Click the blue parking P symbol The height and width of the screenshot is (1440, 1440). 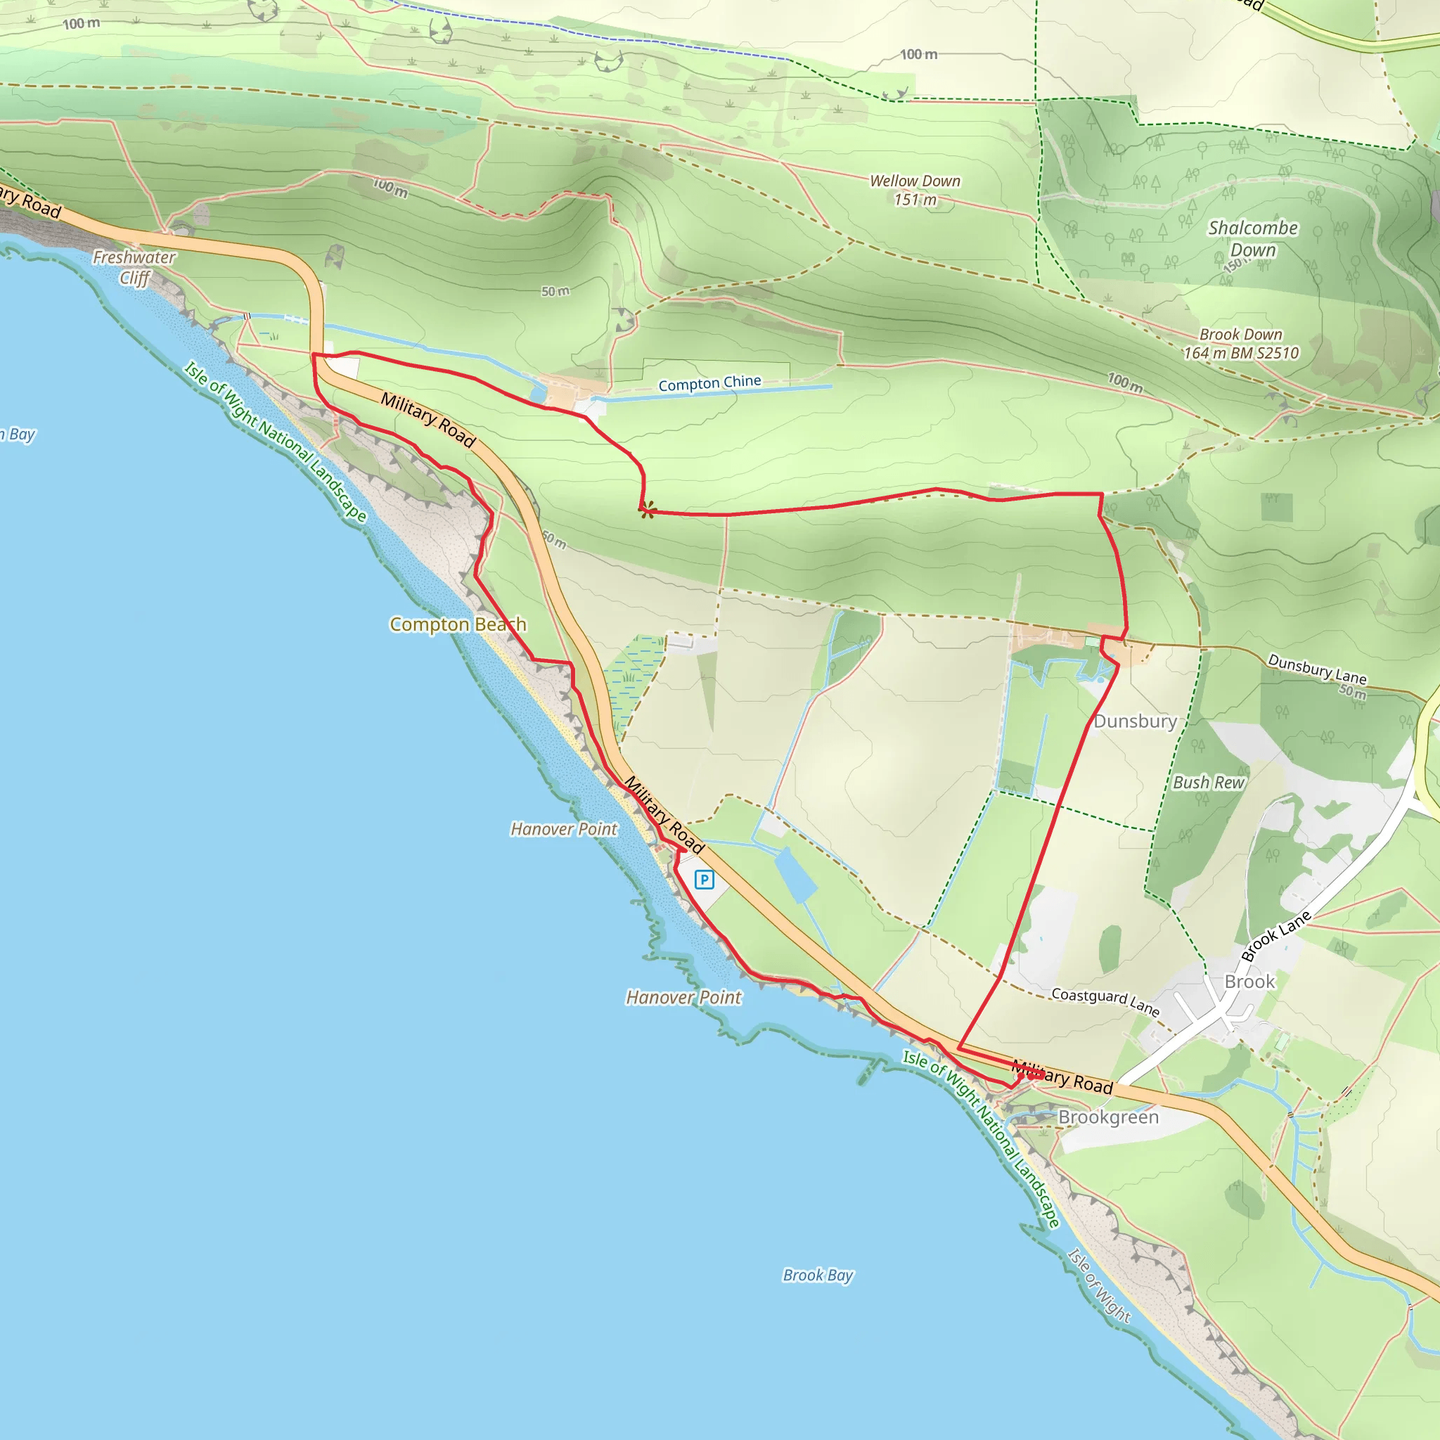(704, 880)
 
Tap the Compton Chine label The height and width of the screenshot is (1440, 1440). (709, 383)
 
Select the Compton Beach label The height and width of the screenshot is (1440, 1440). (458, 624)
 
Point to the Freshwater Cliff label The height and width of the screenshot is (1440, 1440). (134, 266)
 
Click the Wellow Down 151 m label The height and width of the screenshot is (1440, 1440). (915, 190)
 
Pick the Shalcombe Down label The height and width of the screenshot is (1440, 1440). (1253, 238)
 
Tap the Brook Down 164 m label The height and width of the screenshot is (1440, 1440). (1241, 344)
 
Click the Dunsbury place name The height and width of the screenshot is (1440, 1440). (1135, 721)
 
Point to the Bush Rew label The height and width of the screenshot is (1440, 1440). (1209, 783)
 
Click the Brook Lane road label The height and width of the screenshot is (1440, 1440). (1275, 936)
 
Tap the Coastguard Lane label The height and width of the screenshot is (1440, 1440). (1105, 1002)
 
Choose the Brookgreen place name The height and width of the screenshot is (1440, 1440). (1108, 1117)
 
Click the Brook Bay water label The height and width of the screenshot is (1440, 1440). (818, 1275)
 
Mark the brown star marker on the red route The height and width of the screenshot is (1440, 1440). (648, 510)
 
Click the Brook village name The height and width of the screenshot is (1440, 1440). (1250, 982)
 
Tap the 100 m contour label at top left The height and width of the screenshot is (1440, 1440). (82, 24)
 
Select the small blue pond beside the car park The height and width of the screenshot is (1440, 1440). (796, 875)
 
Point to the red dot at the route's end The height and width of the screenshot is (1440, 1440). (1032, 1075)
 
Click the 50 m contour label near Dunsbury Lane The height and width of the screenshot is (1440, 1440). (1353, 691)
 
